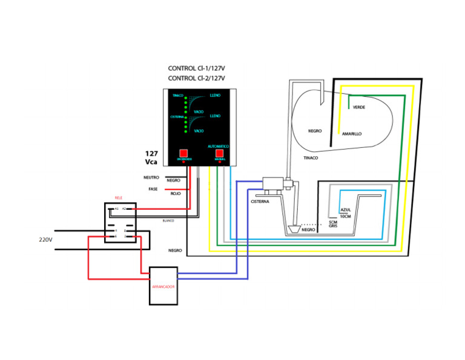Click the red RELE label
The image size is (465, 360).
pyautogui.click(x=119, y=198)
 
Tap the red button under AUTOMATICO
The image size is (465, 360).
pyautogui.click(x=219, y=154)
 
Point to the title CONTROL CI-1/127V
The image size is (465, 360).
pyautogui.click(x=196, y=68)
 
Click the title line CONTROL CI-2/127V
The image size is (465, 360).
pyautogui.click(x=196, y=79)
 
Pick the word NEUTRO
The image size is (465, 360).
pyautogui.click(x=151, y=178)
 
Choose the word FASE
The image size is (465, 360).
pyautogui.click(x=153, y=189)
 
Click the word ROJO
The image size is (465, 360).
pyautogui.click(x=176, y=193)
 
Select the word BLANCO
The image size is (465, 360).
pyautogui.click(x=168, y=221)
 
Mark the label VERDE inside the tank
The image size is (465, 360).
pyautogui.click(x=358, y=107)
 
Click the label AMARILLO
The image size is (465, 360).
pyautogui.click(x=352, y=134)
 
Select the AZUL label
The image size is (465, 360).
pyautogui.click(x=346, y=209)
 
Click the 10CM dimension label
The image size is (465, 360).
pyautogui.click(x=346, y=216)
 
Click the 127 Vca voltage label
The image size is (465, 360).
pyautogui.click(x=152, y=158)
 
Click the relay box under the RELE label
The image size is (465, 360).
pyautogui.click(x=120, y=222)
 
